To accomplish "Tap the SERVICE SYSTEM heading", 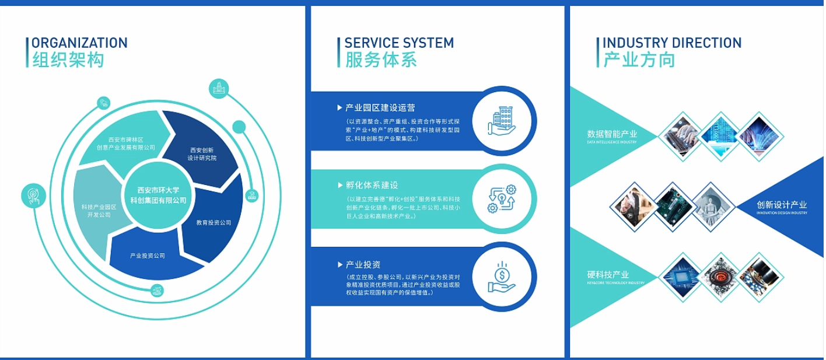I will coord(399,43).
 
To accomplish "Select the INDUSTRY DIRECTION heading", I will coord(671,43).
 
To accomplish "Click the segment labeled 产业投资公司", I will coord(148,256).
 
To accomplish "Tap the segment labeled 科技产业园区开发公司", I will coord(97,210).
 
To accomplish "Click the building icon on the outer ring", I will coord(218,89).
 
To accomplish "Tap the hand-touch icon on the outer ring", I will coord(32,196).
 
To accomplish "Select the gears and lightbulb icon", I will coord(502,198).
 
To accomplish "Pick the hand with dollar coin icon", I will coord(502,277).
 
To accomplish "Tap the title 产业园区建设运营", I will coord(380,107).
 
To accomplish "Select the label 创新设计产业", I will coord(781,205).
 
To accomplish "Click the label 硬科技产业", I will coord(608,274).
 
